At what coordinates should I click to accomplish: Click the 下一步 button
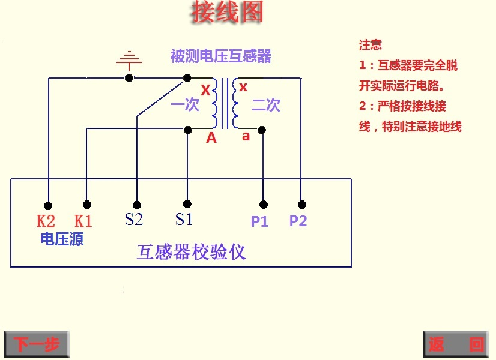pos(36,344)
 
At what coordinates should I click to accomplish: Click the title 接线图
pos(227,12)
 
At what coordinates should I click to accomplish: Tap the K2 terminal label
pos(46,221)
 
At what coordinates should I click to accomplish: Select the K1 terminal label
pos(83,221)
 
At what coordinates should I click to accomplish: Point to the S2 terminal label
pos(134,220)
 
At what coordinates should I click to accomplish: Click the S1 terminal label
pos(184,220)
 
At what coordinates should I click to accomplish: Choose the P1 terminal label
pos(259,221)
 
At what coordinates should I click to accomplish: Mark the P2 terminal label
pos(298,221)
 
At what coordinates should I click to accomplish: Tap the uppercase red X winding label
pos(205,91)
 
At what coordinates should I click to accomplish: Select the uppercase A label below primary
pos(211,138)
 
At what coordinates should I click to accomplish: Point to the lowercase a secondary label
pos(246,136)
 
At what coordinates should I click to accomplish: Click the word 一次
pos(184,106)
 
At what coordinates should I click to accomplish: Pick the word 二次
pos(266,106)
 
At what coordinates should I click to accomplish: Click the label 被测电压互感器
pos(221,56)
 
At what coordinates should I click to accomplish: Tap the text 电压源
pos(61,239)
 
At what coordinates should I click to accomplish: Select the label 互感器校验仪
pos(192,251)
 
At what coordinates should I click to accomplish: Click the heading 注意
pos(370,45)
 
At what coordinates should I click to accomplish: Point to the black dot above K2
pos(48,205)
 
